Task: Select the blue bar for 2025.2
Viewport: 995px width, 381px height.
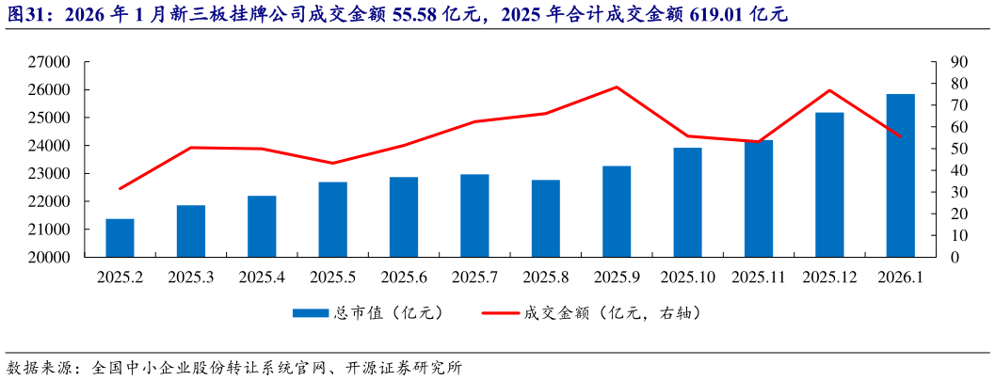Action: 120,238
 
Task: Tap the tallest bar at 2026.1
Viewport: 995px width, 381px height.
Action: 901,176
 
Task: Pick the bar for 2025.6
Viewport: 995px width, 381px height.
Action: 404,217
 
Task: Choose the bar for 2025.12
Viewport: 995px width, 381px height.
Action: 829,184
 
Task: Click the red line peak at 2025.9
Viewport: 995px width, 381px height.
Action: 617,87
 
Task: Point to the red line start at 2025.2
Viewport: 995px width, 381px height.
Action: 120,189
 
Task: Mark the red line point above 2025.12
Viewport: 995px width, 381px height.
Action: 829,90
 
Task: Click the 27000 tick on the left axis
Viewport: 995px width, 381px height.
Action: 52,62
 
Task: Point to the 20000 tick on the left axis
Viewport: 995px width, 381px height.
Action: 52,257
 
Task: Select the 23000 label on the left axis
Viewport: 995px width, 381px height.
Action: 52,174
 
